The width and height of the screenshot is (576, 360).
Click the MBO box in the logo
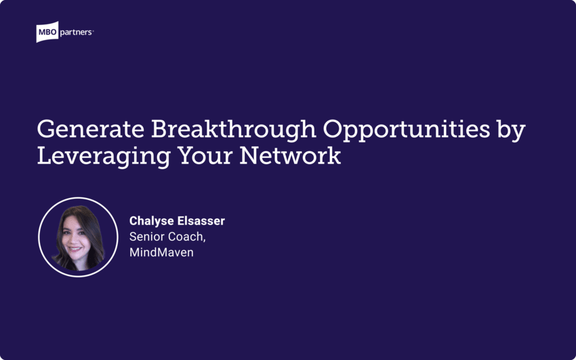(48, 32)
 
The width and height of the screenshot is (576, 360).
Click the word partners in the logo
(77, 31)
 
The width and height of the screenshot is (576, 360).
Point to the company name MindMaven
(161, 252)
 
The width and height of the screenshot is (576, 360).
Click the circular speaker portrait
(78, 237)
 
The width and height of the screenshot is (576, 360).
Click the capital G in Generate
(46, 130)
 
